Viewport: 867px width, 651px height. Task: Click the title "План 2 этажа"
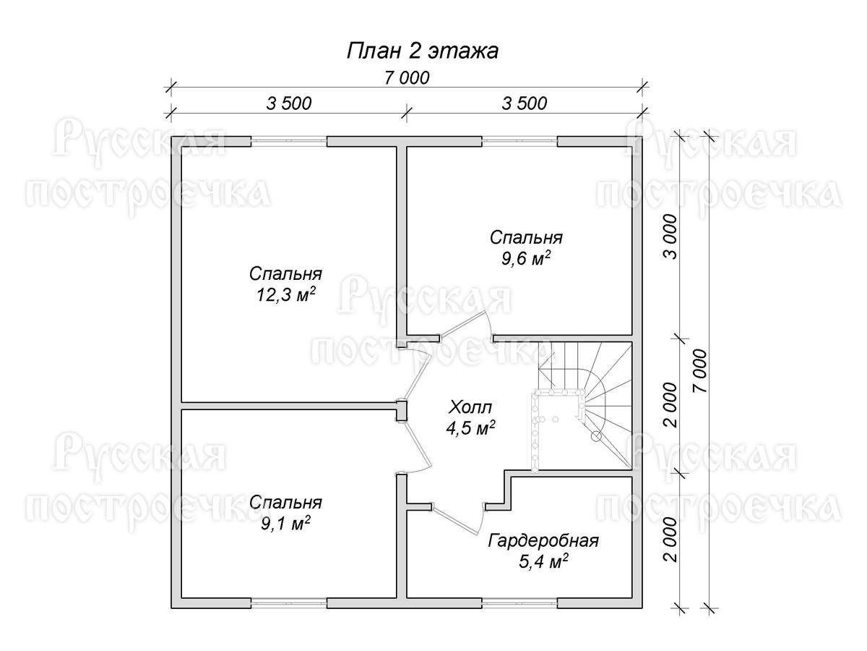(x=422, y=51)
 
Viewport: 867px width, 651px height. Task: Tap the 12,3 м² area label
(x=286, y=295)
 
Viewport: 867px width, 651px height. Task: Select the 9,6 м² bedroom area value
(x=526, y=258)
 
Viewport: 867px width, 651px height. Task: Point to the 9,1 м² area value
(x=285, y=524)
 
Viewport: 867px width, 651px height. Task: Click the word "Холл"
(x=470, y=407)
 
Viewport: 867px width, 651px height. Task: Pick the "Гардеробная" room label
(x=543, y=541)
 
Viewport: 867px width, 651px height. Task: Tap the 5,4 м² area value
(x=543, y=562)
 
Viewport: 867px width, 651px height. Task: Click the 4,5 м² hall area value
(x=471, y=427)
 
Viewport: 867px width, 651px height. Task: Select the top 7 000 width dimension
(x=407, y=78)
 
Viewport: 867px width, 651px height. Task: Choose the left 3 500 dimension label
(x=289, y=103)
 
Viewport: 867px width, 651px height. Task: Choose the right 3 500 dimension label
(x=524, y=103)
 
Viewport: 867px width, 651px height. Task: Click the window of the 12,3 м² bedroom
(x=289, y=141)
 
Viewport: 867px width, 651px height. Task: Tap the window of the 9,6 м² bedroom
(x=519, y=141)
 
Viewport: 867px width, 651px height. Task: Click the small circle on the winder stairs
(x=596, y=436)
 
